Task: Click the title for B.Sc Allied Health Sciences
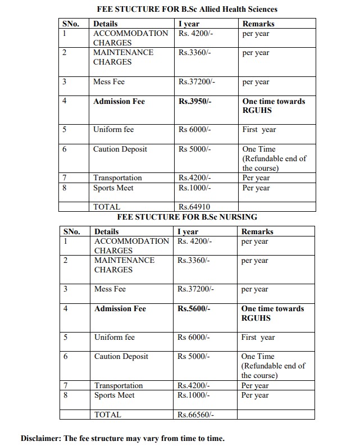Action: point(187,9)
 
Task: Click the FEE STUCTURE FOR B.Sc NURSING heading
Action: point(187,216)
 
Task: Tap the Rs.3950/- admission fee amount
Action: point(193,102)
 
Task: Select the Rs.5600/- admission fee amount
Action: point(193,309)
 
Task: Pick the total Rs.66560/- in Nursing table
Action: point(195,415)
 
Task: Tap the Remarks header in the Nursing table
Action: point(257,231)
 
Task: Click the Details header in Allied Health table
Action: point(105,24)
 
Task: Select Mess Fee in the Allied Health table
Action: point(108,82)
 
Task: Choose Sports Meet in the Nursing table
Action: point(114,395)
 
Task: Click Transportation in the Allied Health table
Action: point(117,178)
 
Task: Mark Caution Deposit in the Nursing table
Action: point(121,357)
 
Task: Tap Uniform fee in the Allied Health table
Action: point(113,130)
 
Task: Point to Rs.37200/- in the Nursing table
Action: point(195,289)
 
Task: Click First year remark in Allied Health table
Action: point(259,130)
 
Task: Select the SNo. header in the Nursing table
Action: point(71,231)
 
